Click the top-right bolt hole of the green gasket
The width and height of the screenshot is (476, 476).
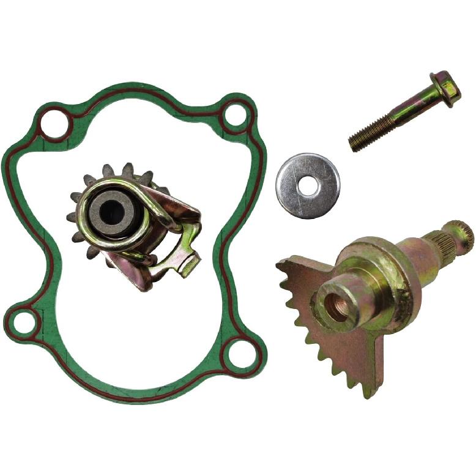235,116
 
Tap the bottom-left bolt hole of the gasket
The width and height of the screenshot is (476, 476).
24,322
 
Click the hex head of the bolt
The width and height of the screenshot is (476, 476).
445,88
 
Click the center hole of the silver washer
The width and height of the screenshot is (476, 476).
308,186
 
